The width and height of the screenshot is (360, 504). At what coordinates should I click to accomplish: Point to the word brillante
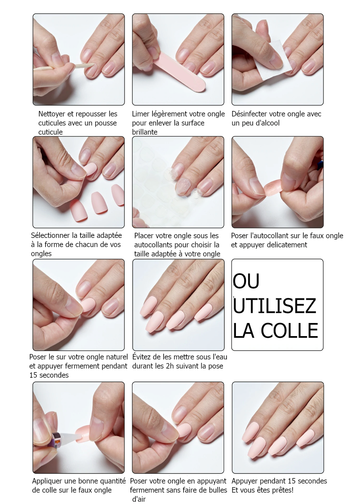[x=145, y=132]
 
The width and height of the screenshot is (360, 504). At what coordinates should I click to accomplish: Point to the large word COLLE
[x=290, y=331]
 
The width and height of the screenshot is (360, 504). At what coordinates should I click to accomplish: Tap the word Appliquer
[x=47, y=481]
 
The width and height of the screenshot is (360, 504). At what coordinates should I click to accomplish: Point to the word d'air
[x=139, y=499]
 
